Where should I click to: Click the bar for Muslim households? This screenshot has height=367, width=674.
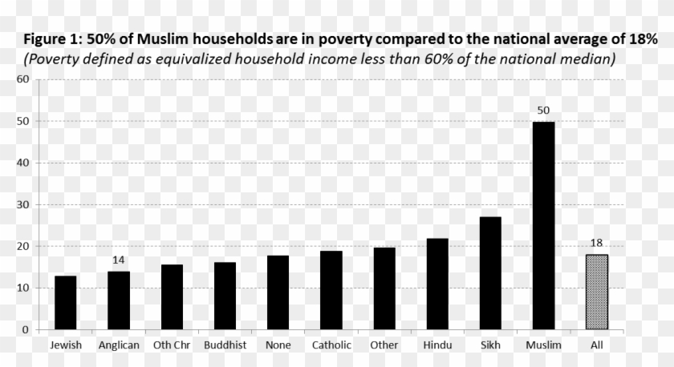[x=543, y=225]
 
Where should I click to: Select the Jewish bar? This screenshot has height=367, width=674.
[x=65, y=302]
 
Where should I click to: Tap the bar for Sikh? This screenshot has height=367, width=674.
[x=490, y=272]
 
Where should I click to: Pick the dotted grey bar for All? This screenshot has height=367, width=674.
[x=596, y=292]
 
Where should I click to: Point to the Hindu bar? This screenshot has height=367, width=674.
[x=437, y=284]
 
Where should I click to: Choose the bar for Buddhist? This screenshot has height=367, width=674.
[x=225, y=296]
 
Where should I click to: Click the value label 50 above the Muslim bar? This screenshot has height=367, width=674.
[x=543, y=109]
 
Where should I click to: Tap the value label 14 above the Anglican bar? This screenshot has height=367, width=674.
[x=119, y=260]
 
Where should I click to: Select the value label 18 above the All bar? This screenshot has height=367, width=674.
[x=596, y=243]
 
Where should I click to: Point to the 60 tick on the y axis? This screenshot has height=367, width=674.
[x=22, y=79]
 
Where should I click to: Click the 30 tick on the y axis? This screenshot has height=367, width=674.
[x=22, y=204]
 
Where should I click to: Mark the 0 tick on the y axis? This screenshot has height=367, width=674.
[x=26, y=329]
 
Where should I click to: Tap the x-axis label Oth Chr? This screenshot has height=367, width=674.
[x=172, y=345]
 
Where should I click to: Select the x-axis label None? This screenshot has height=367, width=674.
[x=278, y=345]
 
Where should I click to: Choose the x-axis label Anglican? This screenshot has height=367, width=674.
[x=119, y=345]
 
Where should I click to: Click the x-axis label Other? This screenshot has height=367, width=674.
[x=384, y=345]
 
